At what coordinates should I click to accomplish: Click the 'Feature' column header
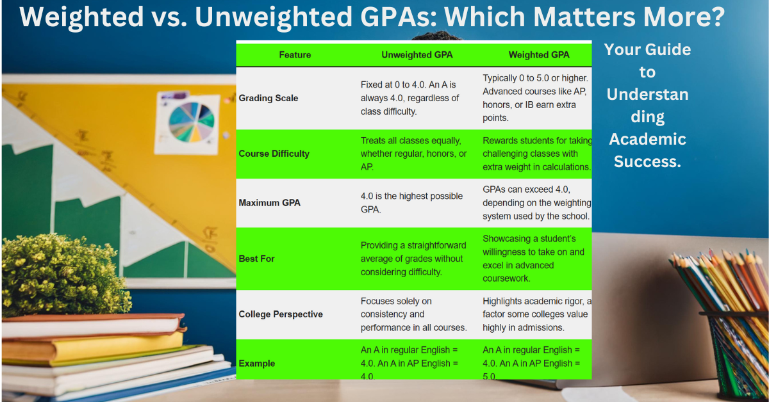(x=295, y=55)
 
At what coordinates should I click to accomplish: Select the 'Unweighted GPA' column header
(x=417, y=55)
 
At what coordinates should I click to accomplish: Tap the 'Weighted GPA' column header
(x=538, y=55)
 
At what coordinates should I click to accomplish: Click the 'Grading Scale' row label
(x=268, y=99)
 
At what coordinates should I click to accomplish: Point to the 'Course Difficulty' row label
(x=274, y=154)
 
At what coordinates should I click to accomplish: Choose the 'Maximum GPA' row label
(x=269, y=203)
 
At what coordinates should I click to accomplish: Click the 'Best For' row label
(x=256, y=259)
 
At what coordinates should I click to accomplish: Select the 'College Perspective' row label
(x=280, y=314)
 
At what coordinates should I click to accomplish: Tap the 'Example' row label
(x=256, y=364)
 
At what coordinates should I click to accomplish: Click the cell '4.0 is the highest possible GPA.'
(x=411, y=202)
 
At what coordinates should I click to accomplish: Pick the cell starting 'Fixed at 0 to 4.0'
(x=410, y=98)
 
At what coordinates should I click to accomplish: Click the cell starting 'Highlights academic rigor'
(x=537, y=314)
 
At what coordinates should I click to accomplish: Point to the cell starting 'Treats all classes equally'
(x=414, y=154)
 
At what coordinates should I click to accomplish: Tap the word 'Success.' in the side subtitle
(x=647, y=161)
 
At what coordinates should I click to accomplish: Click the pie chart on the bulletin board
(x=192, y=122)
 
